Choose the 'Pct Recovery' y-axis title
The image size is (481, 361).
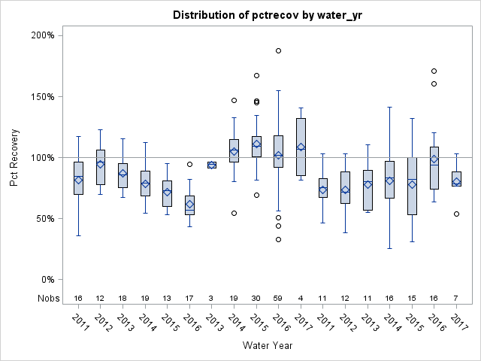tap(14, 157)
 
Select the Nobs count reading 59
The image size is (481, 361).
tap(278, 298)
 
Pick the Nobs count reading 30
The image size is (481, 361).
tap(256, 298)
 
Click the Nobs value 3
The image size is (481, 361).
tap(212, 298)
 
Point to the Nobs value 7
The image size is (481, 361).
tap(456, 298)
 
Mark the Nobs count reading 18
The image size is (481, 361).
tap(123, 298)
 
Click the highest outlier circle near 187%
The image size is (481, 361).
tap(278, 50)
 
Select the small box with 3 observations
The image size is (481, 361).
tap(212, 165)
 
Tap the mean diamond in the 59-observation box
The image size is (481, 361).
tap(278, 156)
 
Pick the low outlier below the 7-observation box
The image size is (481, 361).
tap(456, 214)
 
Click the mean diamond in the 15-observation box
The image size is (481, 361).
tap(412, 184)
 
